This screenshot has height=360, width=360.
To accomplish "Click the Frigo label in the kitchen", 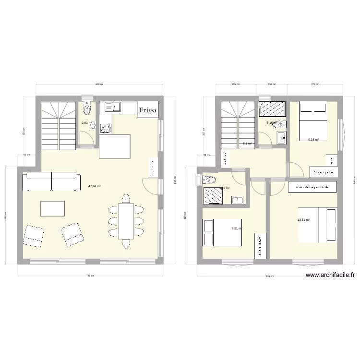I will [x=147, y=110].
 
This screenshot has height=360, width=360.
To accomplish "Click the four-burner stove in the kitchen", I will [x=105, y=128].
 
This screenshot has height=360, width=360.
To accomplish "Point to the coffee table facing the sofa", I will [x=53, y=209].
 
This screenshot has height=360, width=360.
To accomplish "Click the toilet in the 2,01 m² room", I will [x=86, y=110].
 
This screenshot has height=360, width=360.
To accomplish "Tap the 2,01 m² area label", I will [x=86, y=123].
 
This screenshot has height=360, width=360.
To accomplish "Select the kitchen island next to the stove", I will [x=115, y=146].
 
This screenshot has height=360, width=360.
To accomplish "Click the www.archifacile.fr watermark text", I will [x=330, y=276].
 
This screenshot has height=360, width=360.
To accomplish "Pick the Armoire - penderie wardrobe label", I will [x=312, y=187].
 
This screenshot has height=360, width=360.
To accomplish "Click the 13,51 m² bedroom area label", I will [x=304, y=220].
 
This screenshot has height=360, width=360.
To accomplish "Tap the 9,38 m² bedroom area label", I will [x=313, y=140].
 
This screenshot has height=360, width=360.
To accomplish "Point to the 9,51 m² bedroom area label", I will [x=237, y=228].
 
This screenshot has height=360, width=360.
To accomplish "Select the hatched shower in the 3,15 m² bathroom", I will [x=272, y=109].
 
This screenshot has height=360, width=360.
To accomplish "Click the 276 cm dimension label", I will [x=315, y=84].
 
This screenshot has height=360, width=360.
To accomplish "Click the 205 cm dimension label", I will [x=235, y=84].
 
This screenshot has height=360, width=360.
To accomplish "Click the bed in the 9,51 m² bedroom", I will [x=222, y=233].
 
